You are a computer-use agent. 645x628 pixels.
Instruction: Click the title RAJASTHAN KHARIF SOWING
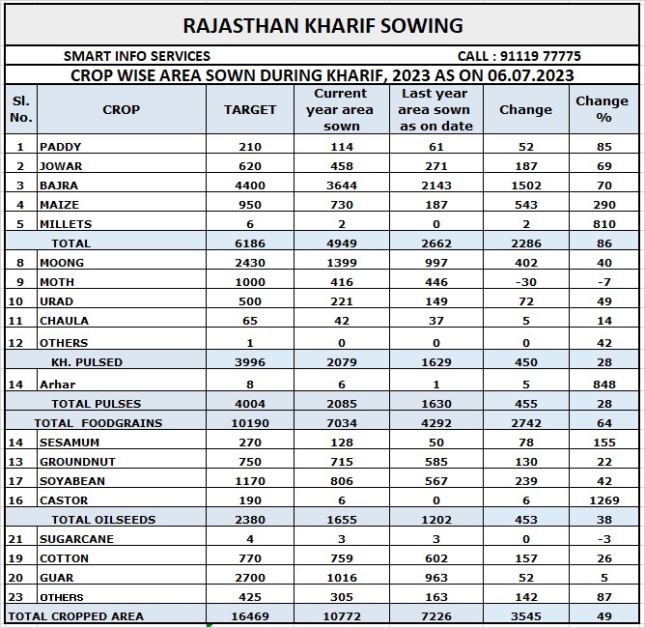(x=322, y=25)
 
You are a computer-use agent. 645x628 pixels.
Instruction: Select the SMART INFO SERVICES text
(x=136, y=57)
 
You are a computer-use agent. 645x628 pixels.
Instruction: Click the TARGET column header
(x=250, y=110)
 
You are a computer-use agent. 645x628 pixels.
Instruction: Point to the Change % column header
(x=602, y=109)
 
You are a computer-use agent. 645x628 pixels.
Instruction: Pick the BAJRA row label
(x=59, y=185)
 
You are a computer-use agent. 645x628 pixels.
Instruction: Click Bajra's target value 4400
(x=250, y=185)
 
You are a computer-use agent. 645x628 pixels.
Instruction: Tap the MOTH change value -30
(x=525, y=281)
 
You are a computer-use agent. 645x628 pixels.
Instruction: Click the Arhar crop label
(x=57, y=385)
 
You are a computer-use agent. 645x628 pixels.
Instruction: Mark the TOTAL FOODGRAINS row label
(x=98, y=423)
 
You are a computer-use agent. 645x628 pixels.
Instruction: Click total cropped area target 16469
(x=250, y=616)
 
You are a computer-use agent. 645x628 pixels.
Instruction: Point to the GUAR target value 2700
(x=250, y=578)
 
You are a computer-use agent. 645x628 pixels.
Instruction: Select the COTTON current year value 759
(x=341, y=558)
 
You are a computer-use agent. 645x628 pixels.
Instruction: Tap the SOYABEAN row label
(x=72, y=481)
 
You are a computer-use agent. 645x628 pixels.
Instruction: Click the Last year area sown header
(x=435, y=109)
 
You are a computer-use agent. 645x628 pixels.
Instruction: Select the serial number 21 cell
(x=20, y=539)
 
